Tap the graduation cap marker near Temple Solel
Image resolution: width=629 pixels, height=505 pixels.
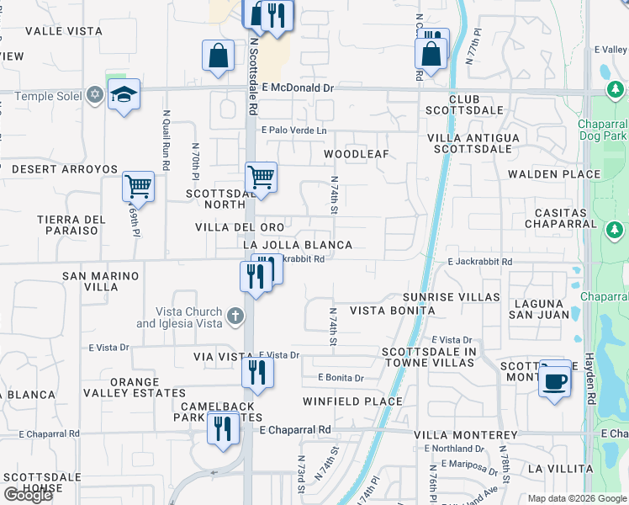tap(124, 94)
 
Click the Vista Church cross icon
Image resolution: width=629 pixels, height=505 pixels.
tap(235, 317)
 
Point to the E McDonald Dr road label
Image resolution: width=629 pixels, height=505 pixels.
tap(298, 88)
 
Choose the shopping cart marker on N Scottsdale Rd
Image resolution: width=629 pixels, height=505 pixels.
tap(262, 178)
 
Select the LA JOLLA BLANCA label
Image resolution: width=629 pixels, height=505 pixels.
tap(296, 245)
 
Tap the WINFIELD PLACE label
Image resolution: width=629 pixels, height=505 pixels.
tap(352, 401)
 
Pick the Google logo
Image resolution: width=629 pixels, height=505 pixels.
tap(28, 495)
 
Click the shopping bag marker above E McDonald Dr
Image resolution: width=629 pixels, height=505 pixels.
tap(218, 56)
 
